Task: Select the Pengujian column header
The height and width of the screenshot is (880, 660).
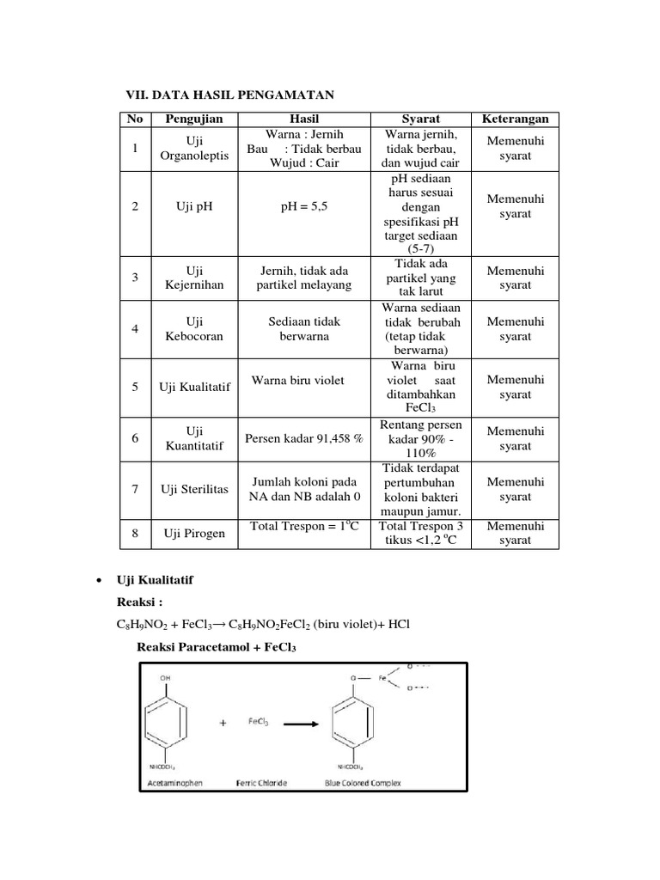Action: [192, 119]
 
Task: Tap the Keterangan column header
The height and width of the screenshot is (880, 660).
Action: [515, 119]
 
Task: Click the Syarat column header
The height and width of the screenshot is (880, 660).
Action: [421, 119]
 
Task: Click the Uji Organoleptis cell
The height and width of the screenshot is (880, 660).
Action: [192, 148]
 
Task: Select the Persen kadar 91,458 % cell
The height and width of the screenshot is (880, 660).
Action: [304, 438]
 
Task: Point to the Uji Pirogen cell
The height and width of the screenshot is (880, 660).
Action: [194, 534]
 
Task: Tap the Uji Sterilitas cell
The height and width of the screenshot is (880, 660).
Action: [194, 489]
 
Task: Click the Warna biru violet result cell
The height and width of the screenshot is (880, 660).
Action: [298, 381]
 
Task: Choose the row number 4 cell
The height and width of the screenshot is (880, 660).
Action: [135, 329]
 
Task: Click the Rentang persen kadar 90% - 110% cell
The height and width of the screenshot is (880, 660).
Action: [421, 438]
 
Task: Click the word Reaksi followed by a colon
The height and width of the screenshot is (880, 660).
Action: [138, 603]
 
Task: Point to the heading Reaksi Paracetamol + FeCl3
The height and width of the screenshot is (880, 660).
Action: [217, 648]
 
